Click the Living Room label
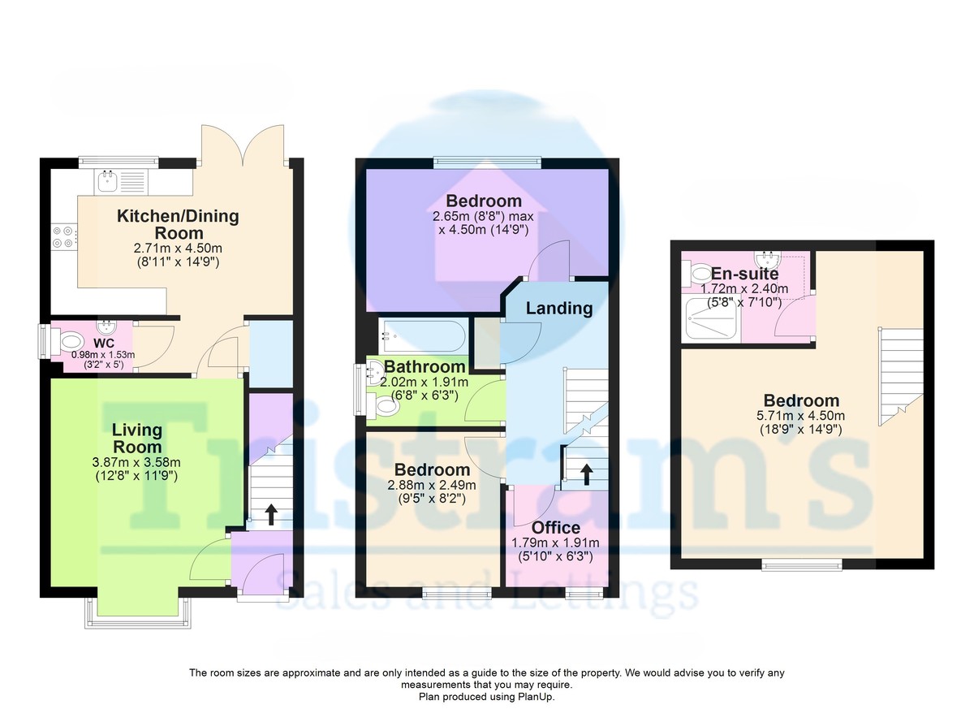137,439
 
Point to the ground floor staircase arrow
271,515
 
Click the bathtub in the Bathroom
423,337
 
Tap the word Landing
559,309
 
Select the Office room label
556,528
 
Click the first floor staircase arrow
587,474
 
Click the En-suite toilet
695,274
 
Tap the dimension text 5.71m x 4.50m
801,416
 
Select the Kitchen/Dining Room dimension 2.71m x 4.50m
178,249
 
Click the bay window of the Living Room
137,615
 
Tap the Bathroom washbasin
374,374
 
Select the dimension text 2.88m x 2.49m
432,485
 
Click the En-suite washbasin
769,260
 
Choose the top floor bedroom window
801,565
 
